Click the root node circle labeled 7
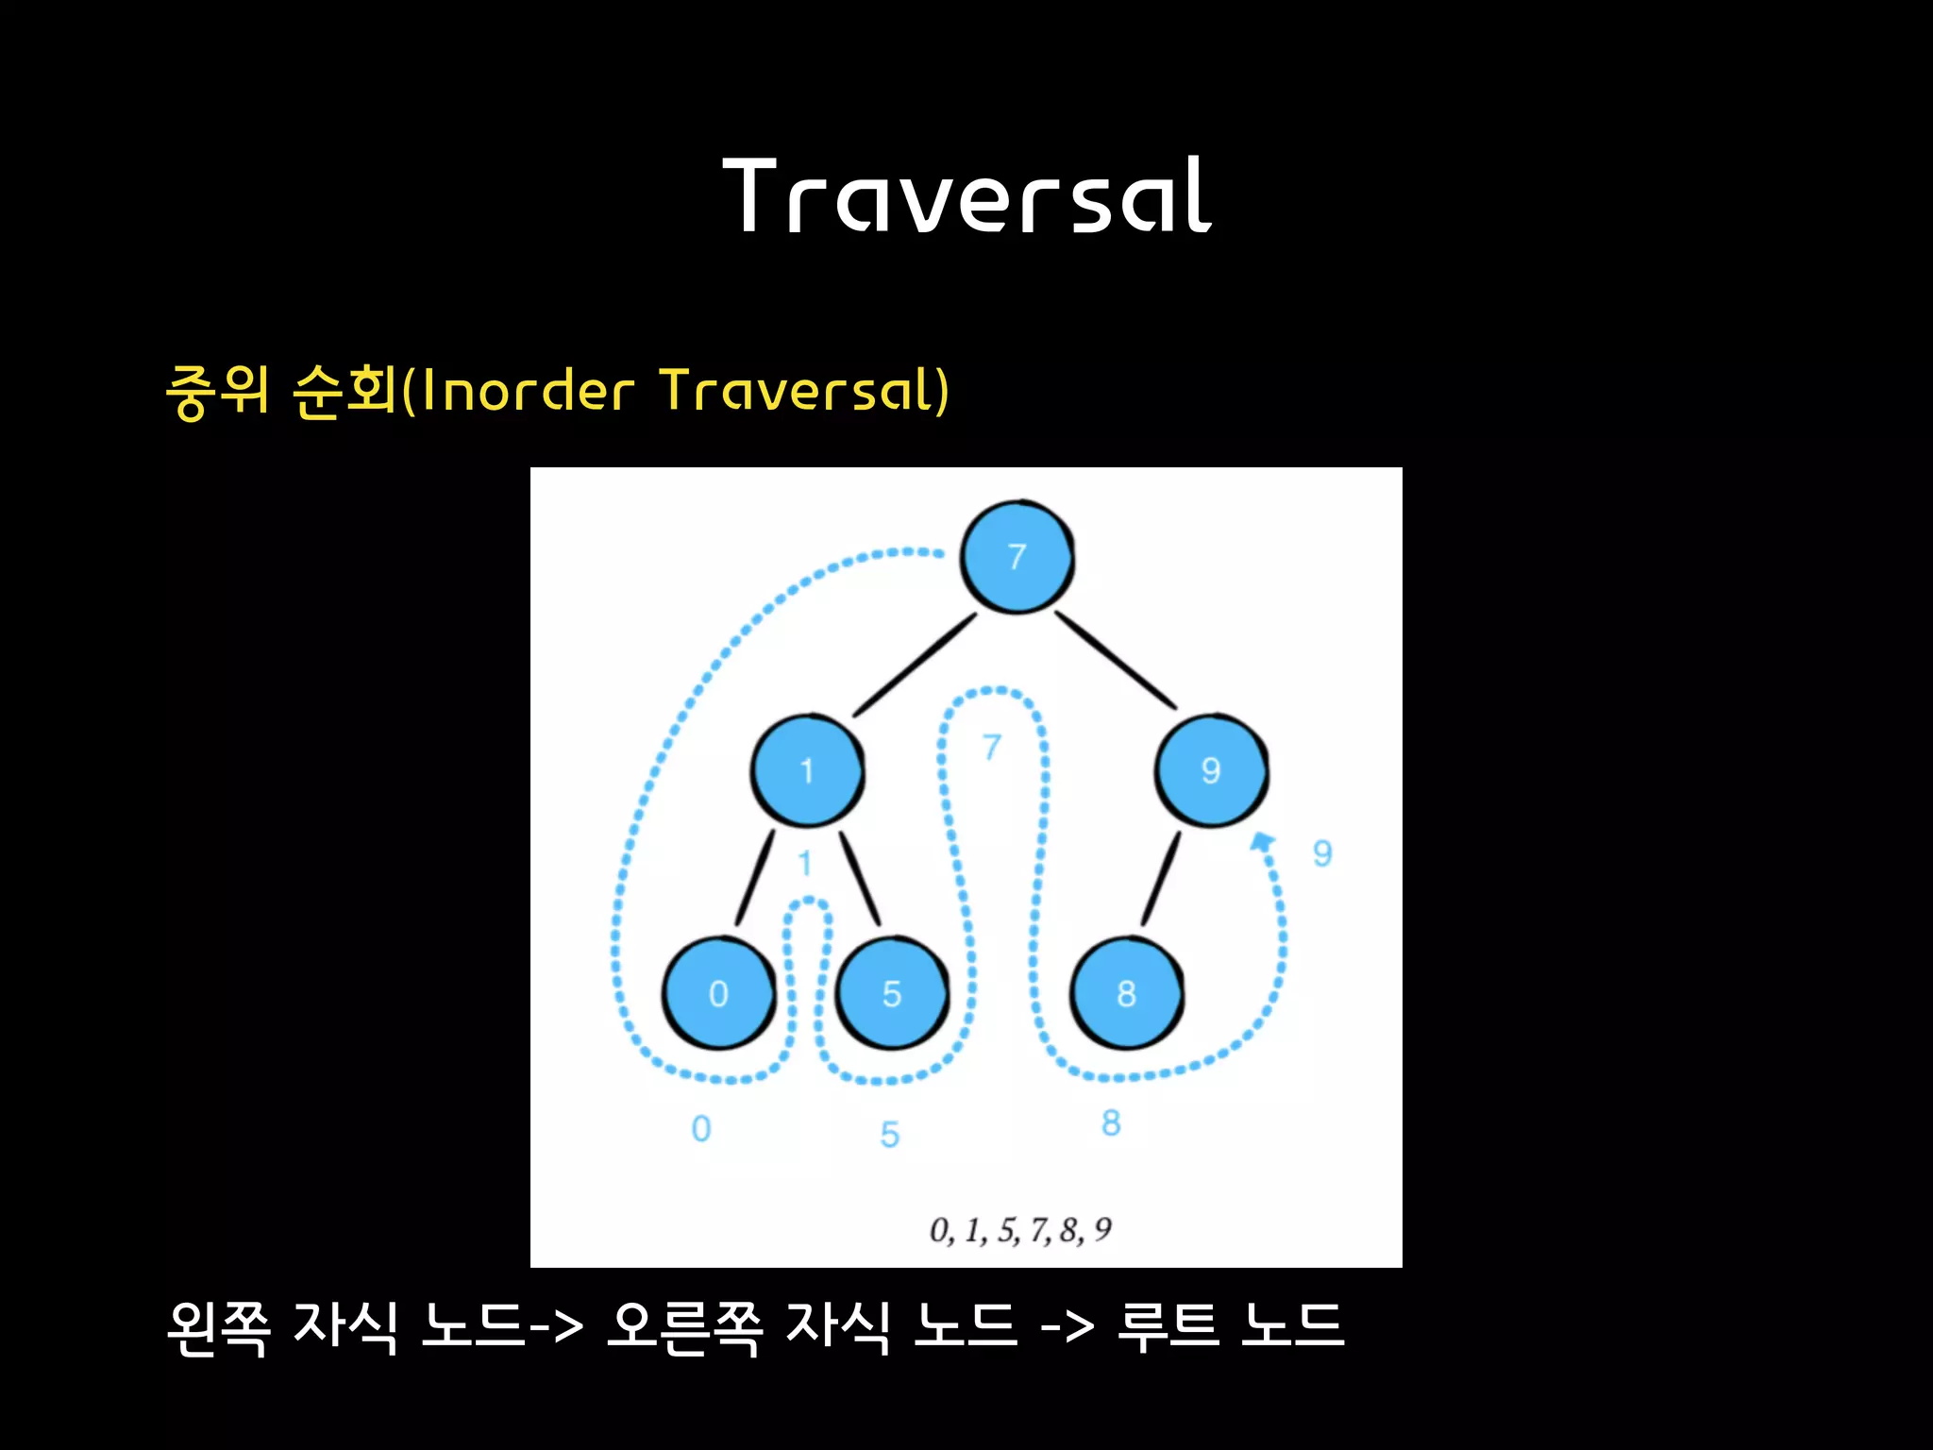pyautogui.click(x=1017, y=557)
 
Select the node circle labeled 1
pyautogui.click(x=807, y=771)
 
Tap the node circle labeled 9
pyautogui.click(x=1211, y=771)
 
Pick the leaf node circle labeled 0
pyautogui.click(x=718, y=993)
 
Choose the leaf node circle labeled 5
pyautogui.click(x=892, y=993)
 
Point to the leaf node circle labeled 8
pyautogui.click(x=1126, y=993)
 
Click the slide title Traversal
pyautogui.click(x=966, y=196)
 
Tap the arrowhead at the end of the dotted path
pyautogui.click(x=1262, y=841)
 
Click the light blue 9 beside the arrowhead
pyautogui.click(x=1322, y=853)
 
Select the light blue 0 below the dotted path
pyautogui.click(x=700, y=1128)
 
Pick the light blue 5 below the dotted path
pyautogui.click(x=889, y=1134)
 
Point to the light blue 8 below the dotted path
pyautogui.click(x=1111, y=1122)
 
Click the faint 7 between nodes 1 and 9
pyautogui.click(x=991, y=747)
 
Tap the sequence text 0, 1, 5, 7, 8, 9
pyautogui.click(x=1020, y=1230)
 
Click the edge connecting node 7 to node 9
pyautogui.click(x=1115, y=659)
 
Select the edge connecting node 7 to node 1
pyautogui.click(x=915, y=665)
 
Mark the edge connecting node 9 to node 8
pyautogui.click(x=1161, y=878)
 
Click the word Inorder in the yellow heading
pyautogui.click(x=528, y=391)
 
